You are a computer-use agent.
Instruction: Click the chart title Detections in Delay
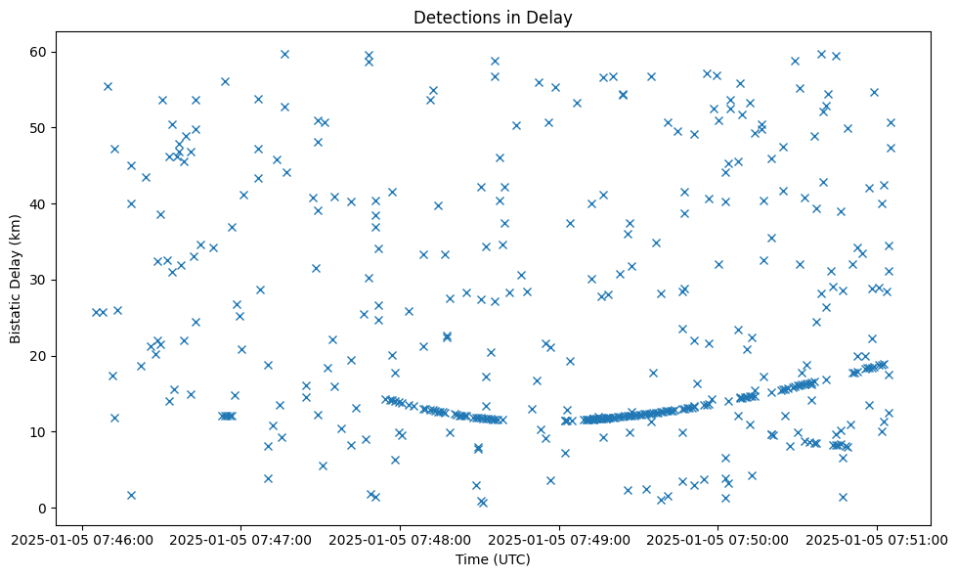pyautogui.click(x=493, y=18)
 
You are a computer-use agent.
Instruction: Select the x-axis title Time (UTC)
pyautogui.click(x=493, y=559)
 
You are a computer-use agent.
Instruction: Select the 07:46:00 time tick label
pyautogui.click(x=82, y=538)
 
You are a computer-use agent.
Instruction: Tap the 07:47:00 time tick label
pyautogui.click(x=241, y=538)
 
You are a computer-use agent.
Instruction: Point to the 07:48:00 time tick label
pyautogui.click(x=400, y=538)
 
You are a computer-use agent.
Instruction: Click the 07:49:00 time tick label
pyautogui.click(x=559, y=538)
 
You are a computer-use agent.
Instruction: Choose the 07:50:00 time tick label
pyautogui.click(x=718, y=538)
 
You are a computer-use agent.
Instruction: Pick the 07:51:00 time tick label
pyautogui.click(x=877, y=538)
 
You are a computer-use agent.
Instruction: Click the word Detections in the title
pyautogui.click(x=453, y=18)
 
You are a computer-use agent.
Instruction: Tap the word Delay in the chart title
pyautogui.click(x=551, y=18)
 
